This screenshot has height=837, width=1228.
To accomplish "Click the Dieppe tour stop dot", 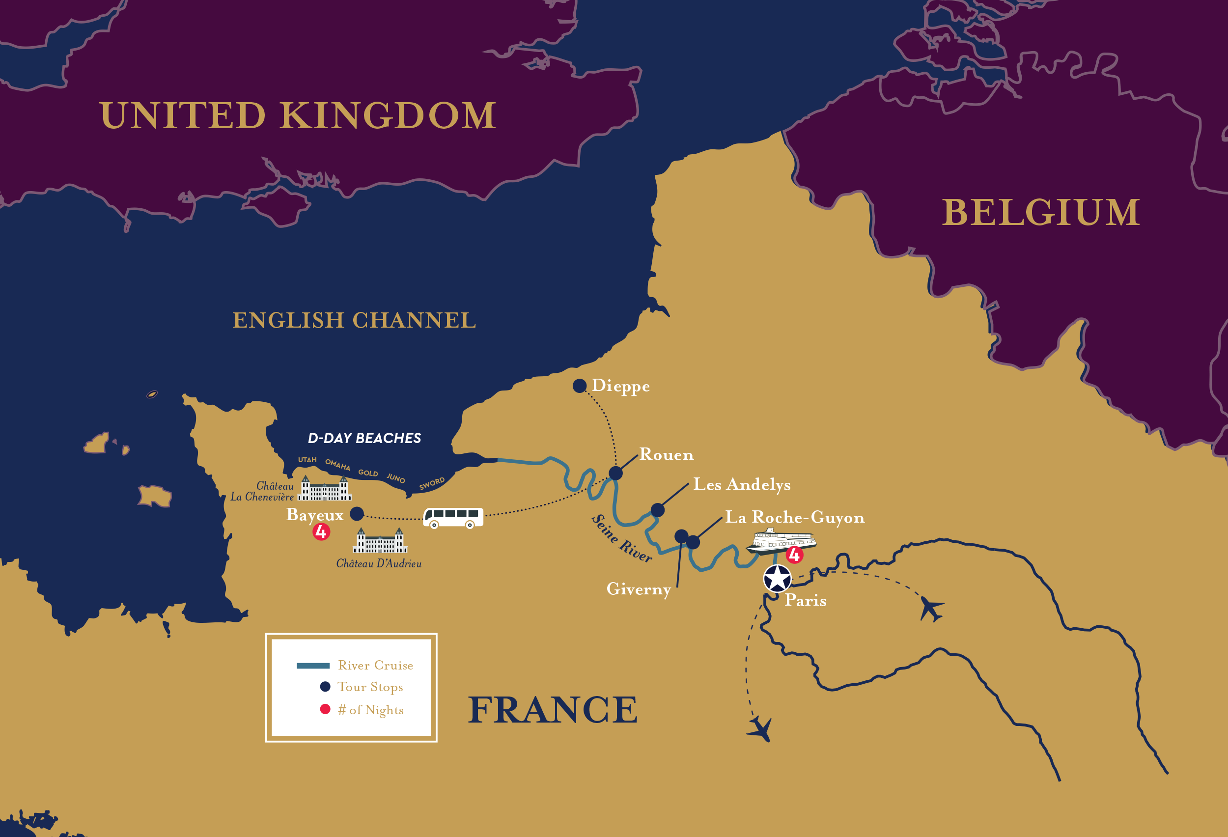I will [x=579, y=386].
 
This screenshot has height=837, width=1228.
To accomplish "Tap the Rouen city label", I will [x=666, y=455].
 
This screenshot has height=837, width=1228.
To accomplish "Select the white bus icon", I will [x=453, y=517].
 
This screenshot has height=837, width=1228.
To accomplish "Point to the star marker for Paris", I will [x=777, y=578].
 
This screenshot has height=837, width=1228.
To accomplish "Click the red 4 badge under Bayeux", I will [x=321, y=531].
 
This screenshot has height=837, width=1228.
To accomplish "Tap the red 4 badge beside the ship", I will [x=794, y=555].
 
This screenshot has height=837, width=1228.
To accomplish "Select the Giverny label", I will [x=638, y=589].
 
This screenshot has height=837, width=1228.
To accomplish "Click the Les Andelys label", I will [x=741, y=484].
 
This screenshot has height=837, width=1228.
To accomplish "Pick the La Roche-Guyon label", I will [x=794, y=517].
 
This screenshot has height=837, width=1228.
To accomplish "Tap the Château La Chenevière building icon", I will [x=324, y=489].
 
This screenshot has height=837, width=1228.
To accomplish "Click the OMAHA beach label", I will [x=337, y=465].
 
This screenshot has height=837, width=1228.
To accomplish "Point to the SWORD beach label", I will [x=432, y=483].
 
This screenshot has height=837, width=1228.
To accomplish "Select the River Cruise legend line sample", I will [x=313, y=665].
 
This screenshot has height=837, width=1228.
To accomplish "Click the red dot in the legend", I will [x=325, y=709].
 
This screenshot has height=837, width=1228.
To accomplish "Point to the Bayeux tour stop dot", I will [x=357, y=514].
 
